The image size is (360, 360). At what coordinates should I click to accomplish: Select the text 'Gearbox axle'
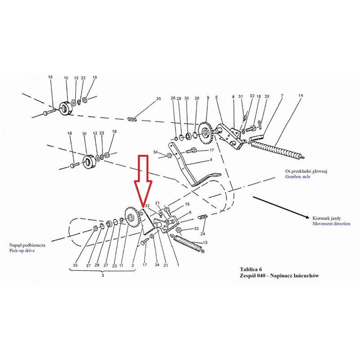tap(297, 176)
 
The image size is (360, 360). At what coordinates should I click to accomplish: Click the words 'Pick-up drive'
tap(22, 251)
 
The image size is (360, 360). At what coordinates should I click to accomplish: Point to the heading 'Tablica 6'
tap(251, 269)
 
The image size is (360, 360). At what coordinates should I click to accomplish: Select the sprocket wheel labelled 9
tap(205, 132)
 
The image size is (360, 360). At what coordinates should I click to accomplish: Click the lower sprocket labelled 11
tap(131, 217)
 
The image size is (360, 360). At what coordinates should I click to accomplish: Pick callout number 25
tap(158, 99)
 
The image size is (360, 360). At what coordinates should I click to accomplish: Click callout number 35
tap(75, 265)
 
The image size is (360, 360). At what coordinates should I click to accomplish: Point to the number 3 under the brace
tap(103, 275)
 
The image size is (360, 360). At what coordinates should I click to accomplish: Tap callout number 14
tap(301, 95)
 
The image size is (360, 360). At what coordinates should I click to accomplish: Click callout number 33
tap(196, 229)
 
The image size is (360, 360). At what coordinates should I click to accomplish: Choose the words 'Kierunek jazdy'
tap(327, 218)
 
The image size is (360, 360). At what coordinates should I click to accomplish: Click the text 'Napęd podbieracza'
tap(27, 245)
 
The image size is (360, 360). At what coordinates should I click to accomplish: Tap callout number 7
tap(282, 95)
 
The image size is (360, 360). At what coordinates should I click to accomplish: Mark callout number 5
tap(216, 97)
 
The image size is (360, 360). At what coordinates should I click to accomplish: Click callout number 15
tap(187, 204)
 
